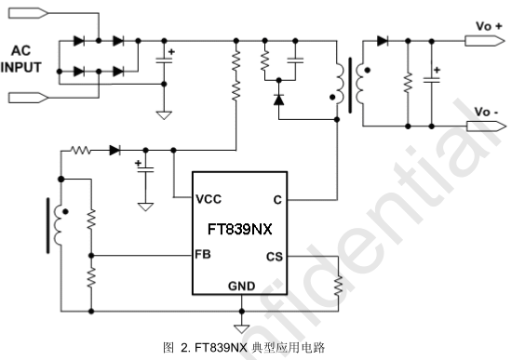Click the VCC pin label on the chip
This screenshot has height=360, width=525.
(x=208, y=199)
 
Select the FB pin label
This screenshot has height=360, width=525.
(x=203, y=254)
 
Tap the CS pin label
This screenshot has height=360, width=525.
(x=275, y=256)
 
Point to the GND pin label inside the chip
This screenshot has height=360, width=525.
(x=241, y=286)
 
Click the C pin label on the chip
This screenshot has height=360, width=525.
(x=277, y=199)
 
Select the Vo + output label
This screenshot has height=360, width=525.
(x=489, y=27)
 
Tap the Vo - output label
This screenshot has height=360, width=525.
(x=487, y=112)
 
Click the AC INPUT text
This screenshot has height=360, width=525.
(x=21, y=60)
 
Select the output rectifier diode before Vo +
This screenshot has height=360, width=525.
(x=383, y=41)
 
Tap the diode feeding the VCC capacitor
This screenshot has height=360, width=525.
(x=114, y=149)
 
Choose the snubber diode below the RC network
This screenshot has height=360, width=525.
(x=277, y=98)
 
